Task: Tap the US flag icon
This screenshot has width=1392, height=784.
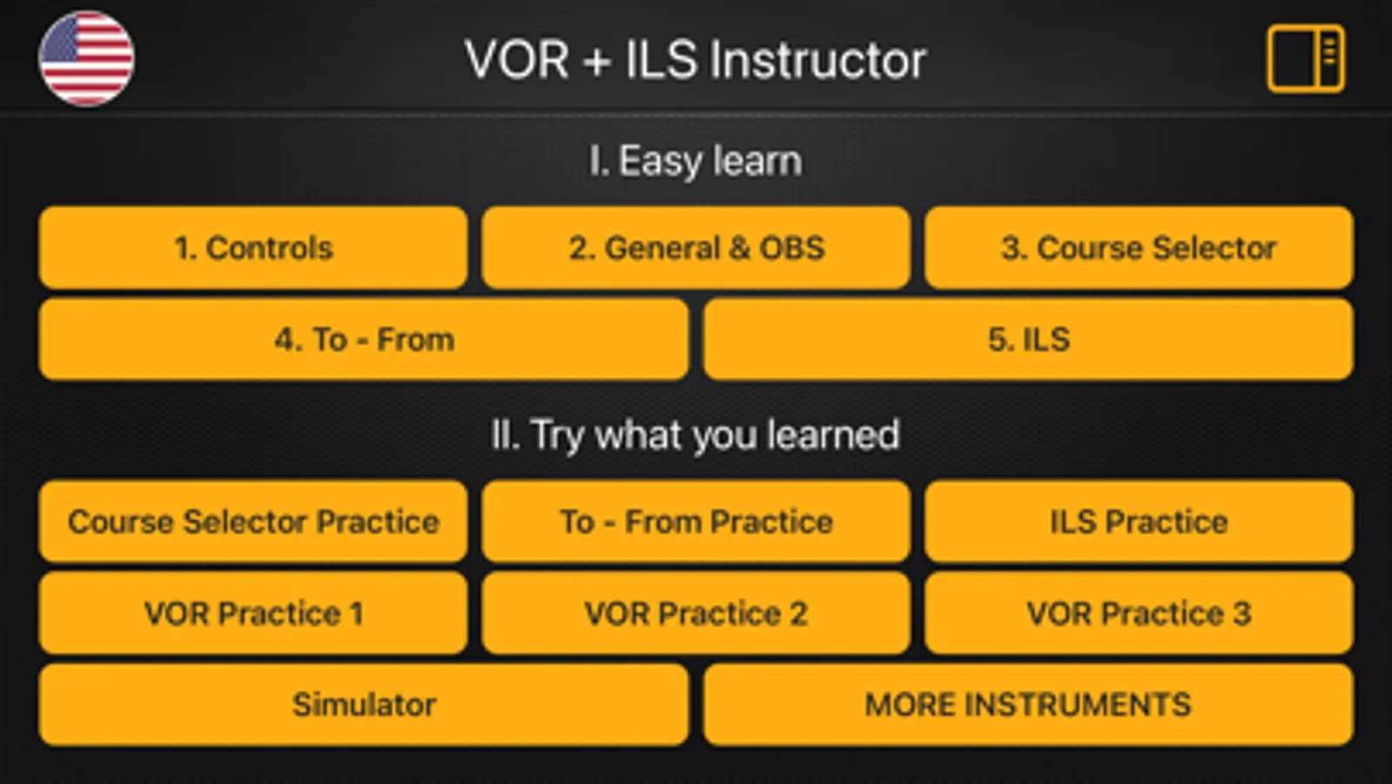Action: pyautogui.click(x=86, y=58)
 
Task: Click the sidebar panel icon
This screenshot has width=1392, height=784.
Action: pyautogui.click(x=1306, y=58)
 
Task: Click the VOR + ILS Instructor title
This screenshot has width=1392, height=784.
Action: pyautogui.click(x=696, y=60)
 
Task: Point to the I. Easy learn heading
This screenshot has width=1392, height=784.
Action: pyautogui.click(x=696, y=161)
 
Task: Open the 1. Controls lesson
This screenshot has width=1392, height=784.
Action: pyautogui.click(x=253, y=247)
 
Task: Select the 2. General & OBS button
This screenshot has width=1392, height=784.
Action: pyautogui.click(x=696, y=247)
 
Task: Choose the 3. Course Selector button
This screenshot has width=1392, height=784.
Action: pyautogui.click(x=1139, y=247)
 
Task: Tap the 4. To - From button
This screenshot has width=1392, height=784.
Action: pyautogui.click(x=364, y=339)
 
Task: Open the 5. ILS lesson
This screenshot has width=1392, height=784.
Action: pyautogui.click(x=1028, y=339)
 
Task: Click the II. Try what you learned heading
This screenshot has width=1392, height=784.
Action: pyautogui.click(x=696, y=435)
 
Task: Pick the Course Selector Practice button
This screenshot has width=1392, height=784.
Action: pyautogui.click(x=253, y=521)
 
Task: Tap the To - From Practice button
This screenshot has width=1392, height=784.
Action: pyautogui.click(x=696, y=521)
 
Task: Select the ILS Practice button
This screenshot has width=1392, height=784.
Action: pyautogui.click(x=1139, y=521)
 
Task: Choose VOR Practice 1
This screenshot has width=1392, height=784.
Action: pyautogui.click(x=253, y=613)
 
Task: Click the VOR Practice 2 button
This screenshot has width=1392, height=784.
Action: pyautogui.click(x=696, y=613)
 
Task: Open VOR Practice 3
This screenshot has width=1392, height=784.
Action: pyautogui.click(x=1139, y=613)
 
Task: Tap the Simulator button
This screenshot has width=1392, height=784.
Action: pyautogui.click(x=364, y=705)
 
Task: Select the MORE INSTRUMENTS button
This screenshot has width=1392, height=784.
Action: pyautogui.click(x=1028, y=705)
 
